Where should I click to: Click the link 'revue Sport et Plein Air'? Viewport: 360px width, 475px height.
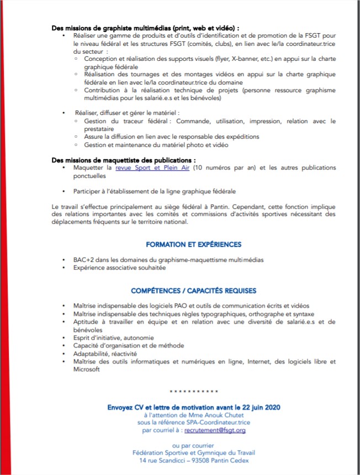(x=152, y=167)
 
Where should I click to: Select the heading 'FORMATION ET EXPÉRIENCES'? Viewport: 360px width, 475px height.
(x=193, y=244)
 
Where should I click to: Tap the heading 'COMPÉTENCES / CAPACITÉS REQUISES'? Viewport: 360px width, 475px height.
(x=193, y=291)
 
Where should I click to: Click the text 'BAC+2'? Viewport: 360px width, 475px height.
(x=83, y=259)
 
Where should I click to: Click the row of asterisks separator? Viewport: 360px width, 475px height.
(x=193, y=392)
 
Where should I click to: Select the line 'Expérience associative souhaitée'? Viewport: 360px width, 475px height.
(x=119, y=267)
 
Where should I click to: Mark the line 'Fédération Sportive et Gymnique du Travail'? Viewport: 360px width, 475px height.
(x=193, y=452)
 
